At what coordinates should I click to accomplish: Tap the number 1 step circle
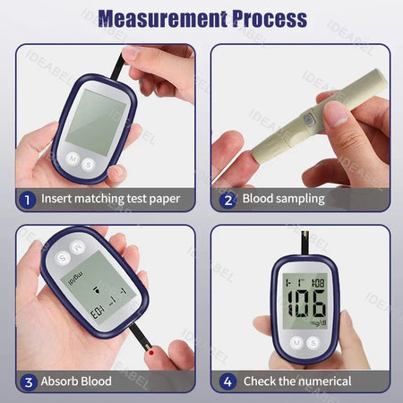[x=27, y=199]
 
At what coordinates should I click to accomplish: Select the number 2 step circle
[x=227, y=199]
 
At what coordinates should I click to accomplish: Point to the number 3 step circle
[x=27, y=382]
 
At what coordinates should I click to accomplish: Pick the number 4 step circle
[x=227, y=382]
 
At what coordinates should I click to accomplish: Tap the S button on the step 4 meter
[x=313, y=342]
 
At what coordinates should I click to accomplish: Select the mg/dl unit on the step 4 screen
[x=317, y=322]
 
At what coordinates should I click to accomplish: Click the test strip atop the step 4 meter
[x=304, y=240]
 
